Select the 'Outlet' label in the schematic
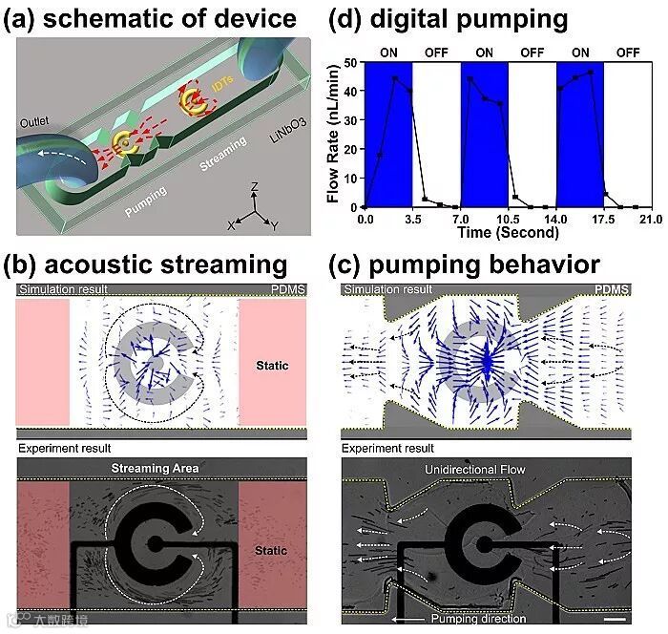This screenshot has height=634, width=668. tap(36, 122)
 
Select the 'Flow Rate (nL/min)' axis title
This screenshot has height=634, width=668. tap(333, 134)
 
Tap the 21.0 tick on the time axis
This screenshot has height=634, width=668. tap(651, 219)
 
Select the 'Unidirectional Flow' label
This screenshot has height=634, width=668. tap(488, 469)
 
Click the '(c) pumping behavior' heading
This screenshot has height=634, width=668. tap(465, 264)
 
